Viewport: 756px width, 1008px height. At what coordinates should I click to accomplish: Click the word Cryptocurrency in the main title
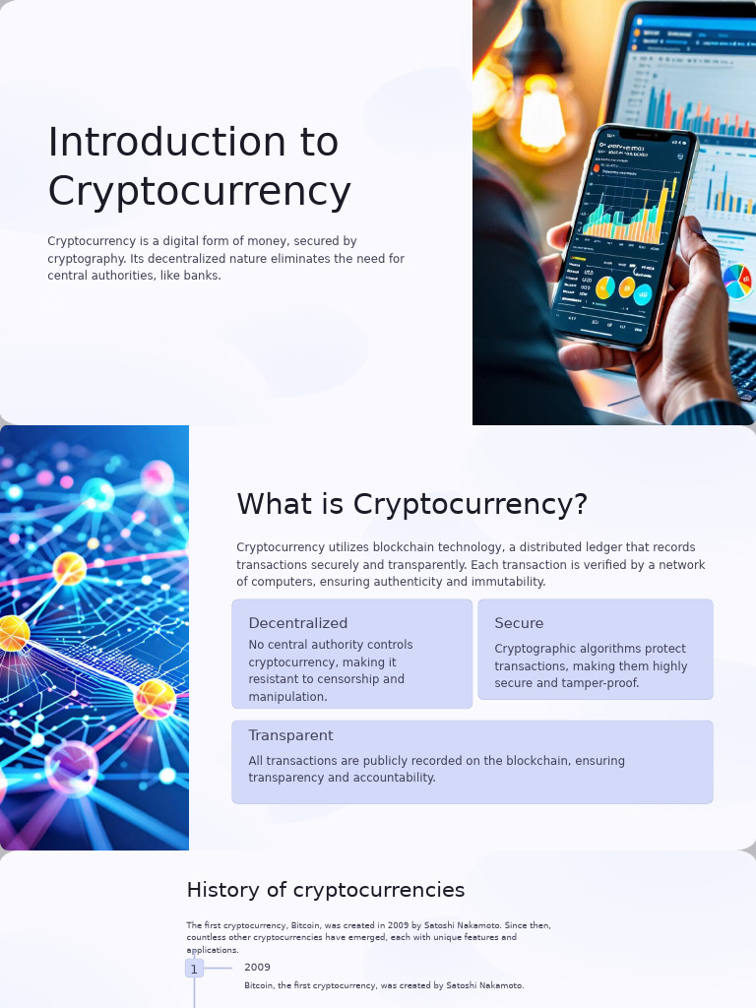click(x=199, y=191)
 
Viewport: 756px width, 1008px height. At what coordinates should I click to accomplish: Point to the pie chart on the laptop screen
click(x=737, y=281)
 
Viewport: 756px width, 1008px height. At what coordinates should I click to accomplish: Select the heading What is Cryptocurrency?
click(x=411, y=504)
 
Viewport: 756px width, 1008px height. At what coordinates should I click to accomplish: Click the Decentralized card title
click(x=297, y=623)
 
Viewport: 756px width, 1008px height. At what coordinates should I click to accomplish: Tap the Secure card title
click(x=519, y=623)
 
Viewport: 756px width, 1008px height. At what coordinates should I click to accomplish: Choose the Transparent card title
click(x=290, y=735)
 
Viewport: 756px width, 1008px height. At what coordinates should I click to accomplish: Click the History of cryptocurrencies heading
click(x=325, y=890)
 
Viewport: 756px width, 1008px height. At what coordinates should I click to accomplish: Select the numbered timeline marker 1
click(x=194, y=969)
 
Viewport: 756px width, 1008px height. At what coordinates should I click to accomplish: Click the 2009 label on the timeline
click(x=257, y=967)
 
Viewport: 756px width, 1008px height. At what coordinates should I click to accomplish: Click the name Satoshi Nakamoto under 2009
click(x=484, y=985)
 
